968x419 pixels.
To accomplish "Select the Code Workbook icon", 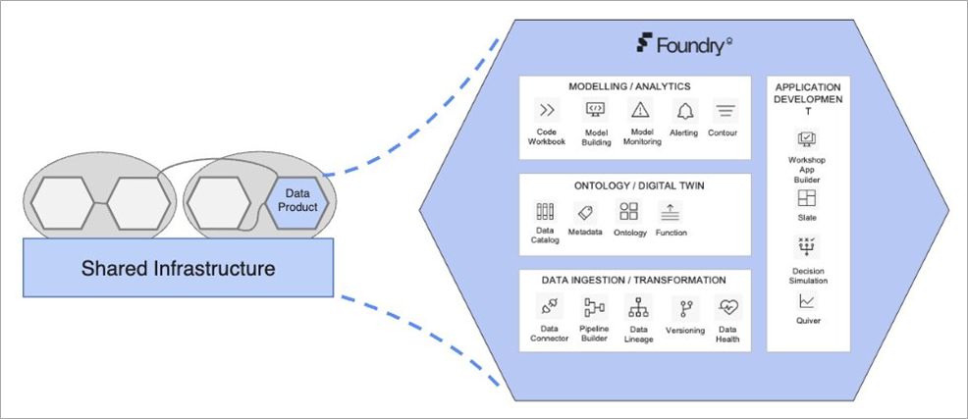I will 545,110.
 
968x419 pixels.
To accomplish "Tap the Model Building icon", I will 595,110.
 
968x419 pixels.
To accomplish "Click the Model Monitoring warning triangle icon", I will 641,110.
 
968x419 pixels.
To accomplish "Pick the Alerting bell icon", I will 683,110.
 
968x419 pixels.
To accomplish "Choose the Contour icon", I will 726,111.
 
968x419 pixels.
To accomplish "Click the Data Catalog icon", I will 545,211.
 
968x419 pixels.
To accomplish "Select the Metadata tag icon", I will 586,211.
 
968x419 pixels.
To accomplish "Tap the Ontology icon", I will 628,211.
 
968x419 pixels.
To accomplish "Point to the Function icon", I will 671,211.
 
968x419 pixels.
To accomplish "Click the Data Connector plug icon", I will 548,307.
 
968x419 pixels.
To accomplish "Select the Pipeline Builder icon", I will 594,307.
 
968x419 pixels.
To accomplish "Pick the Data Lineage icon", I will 639,307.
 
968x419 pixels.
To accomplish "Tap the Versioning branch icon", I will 684,308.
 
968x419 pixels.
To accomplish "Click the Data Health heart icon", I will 727,307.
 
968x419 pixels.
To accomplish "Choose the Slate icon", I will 807,198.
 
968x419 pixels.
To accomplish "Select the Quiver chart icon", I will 807,301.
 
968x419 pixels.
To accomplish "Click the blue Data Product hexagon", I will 296,200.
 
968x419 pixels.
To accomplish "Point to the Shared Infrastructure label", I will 177,267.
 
